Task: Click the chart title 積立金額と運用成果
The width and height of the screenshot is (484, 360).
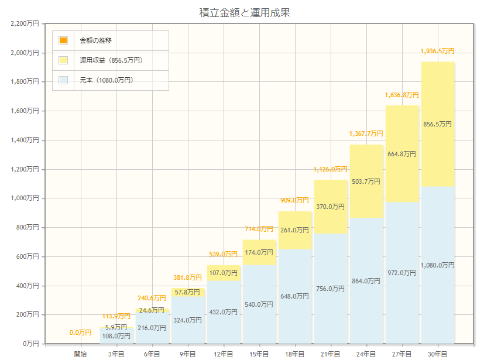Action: coord(245,12)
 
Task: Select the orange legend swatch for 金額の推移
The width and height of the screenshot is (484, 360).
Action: coord(63,40)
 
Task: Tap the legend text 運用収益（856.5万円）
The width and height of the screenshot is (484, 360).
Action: coord(111,60)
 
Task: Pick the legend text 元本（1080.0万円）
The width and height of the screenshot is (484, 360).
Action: coord(107,80)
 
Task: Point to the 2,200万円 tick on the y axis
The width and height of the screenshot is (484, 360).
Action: coord(25,23)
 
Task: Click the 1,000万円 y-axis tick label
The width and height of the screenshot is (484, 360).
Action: coord(25,198)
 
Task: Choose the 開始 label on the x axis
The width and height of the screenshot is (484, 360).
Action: coord(80,354)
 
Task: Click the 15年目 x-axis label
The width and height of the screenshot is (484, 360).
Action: coord(259,354)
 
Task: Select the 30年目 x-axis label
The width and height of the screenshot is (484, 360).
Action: coord(437,354)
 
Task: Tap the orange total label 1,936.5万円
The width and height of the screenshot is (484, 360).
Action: coord(437,52)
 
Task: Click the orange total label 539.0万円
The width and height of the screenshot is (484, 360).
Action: coord(223,254)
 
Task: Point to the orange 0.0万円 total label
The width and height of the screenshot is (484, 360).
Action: coord(80,333)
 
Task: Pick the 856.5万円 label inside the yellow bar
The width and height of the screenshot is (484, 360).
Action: coord(437,124)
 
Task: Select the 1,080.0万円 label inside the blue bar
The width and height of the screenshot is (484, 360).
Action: coord(437,265)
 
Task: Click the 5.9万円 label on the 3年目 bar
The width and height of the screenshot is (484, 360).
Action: coord(116,327)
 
